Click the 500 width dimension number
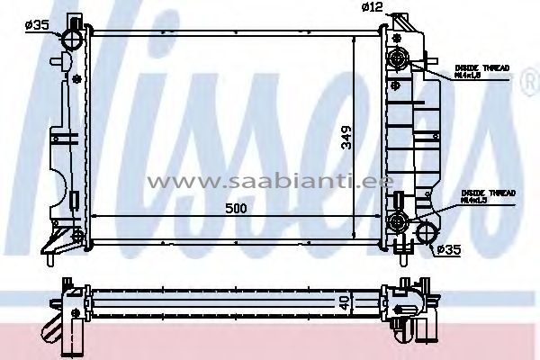click(237, 208)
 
